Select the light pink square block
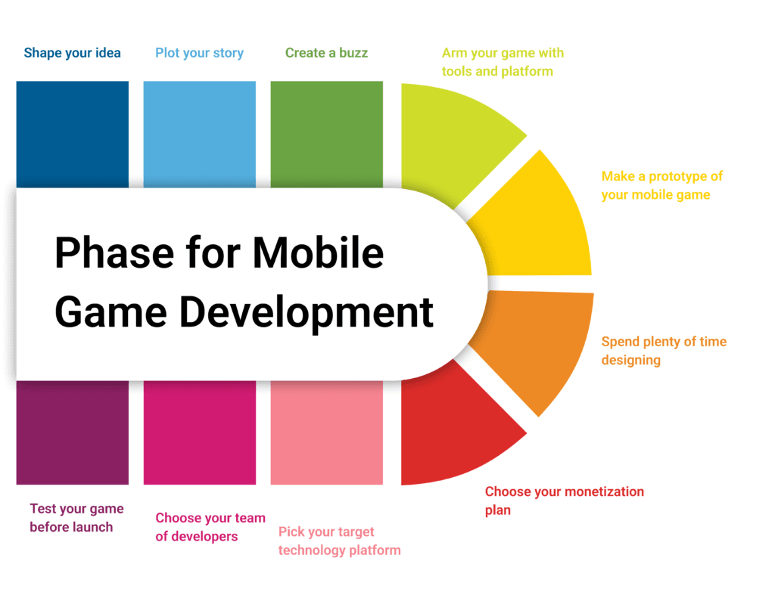[327, 432]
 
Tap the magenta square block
[200, 432]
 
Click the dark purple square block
[72, 432]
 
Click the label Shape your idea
[72, 53]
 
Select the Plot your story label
[199, 53]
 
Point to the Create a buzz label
[327, 53]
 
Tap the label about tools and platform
[503, 62]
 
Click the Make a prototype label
[661, 186]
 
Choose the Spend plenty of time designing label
[664, 351]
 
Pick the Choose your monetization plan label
[565, 500]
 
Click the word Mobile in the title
[319, 253]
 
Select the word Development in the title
[307, 313]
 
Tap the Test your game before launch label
[76, 518]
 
